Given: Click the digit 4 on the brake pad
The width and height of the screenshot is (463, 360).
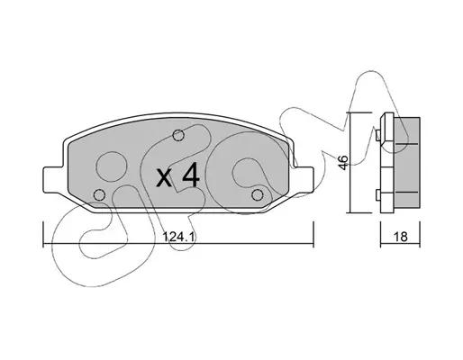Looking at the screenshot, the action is coord(191,175).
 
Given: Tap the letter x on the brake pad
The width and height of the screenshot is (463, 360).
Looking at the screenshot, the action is coord(165,178).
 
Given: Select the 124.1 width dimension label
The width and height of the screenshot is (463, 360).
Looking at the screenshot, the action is coord(179,237).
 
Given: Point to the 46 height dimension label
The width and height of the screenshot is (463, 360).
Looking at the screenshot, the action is coord(344,162).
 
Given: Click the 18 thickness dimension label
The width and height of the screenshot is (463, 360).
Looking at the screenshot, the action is coord(401,237).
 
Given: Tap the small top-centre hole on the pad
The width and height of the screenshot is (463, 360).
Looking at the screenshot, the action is coord(178,135).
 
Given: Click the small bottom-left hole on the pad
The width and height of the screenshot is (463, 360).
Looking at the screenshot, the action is coord(99,195).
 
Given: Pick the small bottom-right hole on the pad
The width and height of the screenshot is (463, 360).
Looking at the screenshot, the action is coord(258,195).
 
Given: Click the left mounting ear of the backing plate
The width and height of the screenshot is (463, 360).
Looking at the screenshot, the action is coord(51,179).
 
